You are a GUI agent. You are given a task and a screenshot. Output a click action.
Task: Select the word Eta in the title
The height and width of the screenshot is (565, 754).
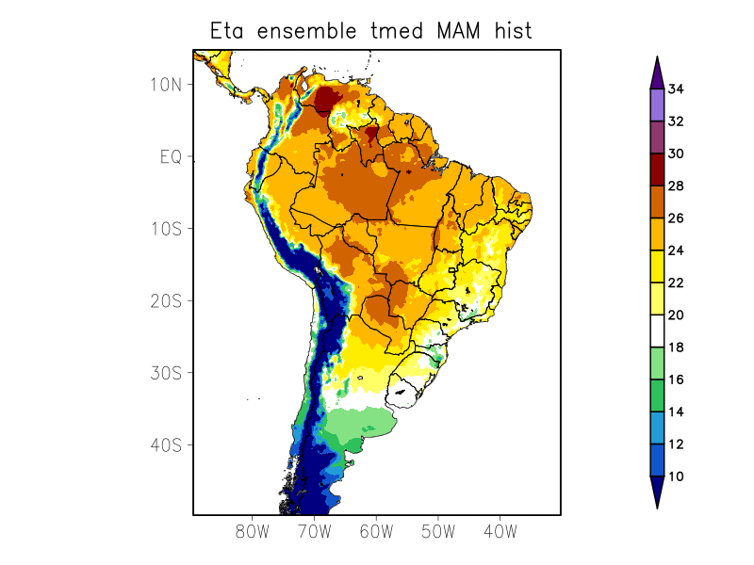tap(225, 31)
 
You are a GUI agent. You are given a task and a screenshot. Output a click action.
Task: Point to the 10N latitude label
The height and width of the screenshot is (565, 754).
tap(166, 85)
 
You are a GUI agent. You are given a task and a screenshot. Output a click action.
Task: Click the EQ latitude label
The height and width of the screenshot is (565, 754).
tap(171, 157)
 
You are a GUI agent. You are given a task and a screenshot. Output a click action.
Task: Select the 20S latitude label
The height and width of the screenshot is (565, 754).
tap(166, 301)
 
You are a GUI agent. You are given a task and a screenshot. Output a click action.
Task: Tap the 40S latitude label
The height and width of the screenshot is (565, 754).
tap(166, 445)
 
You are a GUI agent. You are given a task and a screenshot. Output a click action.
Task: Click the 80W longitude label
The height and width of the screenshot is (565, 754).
tap(253, 531)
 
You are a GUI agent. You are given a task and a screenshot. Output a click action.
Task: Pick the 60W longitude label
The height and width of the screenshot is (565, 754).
tap(376, 531)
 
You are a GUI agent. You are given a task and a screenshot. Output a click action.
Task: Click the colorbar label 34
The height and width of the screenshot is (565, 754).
tap(676, 89)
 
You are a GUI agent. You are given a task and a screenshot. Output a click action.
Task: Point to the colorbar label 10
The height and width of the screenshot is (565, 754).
tap(676, 476)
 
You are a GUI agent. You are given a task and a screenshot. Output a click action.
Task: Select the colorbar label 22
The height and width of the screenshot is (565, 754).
tap(676, 283)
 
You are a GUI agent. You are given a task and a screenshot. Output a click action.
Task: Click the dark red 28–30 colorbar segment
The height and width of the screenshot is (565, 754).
tap(657, 169)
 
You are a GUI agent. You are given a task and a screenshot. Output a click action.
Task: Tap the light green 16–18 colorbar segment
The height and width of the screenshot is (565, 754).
tap(657, 363)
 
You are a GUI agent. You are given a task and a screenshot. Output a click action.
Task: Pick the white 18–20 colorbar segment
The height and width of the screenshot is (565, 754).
tap(657, 331)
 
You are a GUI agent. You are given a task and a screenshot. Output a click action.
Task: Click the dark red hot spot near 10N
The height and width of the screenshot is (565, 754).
tap(328, 99)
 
